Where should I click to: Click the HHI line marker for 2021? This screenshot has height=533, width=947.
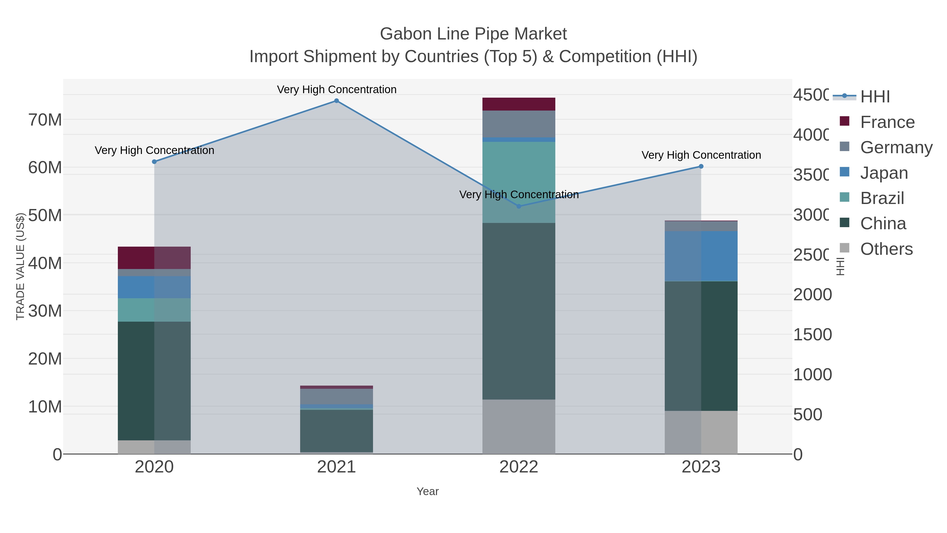336,101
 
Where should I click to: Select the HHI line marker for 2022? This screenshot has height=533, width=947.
519,206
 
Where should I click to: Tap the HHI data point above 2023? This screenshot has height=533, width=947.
701,167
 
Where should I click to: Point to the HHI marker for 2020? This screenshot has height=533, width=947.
154,162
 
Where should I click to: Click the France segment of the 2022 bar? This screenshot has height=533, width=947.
519,104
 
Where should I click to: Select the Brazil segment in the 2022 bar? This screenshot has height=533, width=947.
519,182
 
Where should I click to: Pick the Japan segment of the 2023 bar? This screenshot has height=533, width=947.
701,256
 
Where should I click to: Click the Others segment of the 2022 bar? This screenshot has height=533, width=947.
519,427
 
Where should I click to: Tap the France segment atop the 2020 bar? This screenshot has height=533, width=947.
154,258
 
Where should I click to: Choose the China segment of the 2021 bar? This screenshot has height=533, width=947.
336,430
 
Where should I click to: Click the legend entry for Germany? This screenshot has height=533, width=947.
896,147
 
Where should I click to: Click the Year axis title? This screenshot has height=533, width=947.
427,491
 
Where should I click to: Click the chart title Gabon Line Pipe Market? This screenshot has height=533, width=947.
473,34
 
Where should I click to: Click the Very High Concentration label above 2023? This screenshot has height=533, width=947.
701,155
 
